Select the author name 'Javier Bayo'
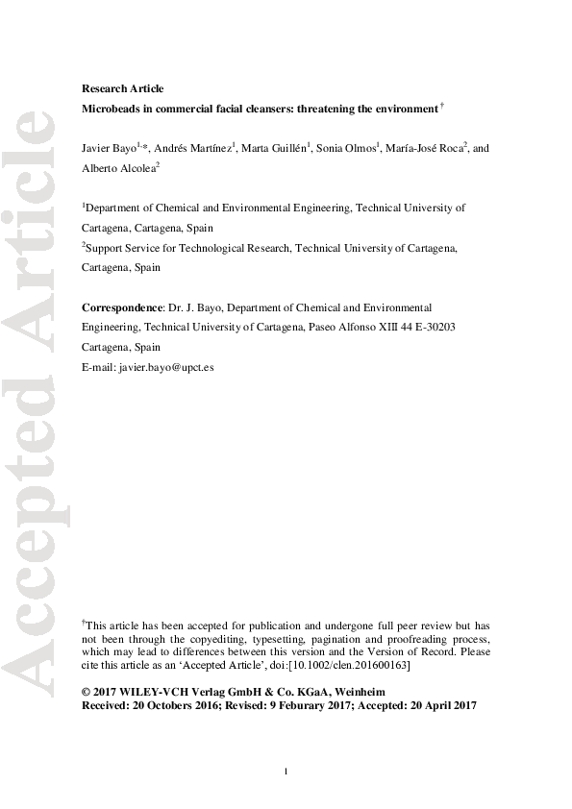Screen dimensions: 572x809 click(x=109, y=148)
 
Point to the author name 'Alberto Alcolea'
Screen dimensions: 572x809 click(x=117, y=167)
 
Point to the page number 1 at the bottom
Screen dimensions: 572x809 click(x=286, y=772)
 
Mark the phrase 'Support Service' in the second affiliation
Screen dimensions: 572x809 click(x=122, y=248)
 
